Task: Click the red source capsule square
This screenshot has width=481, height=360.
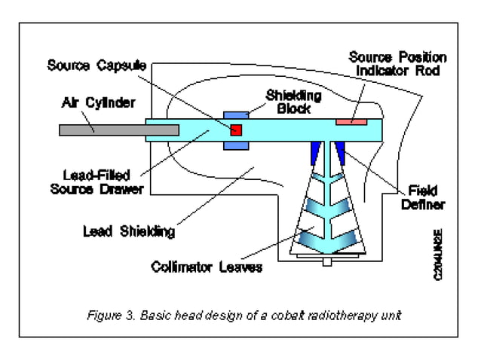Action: tap(236, 130)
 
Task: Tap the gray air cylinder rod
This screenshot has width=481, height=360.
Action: tap(119, 130)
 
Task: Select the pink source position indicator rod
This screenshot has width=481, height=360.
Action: tap(351, 121)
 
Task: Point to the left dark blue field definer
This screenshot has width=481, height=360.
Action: tap(312, 152)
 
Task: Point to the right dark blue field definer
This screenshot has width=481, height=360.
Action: tap(340, 152)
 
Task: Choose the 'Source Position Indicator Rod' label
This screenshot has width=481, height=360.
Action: tap(397, 64)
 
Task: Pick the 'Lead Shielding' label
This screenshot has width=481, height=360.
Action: tap(128, 231)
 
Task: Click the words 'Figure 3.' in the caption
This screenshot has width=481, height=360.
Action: tap(112, 315)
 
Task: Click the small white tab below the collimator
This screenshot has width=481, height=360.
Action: tap(326, 262)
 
